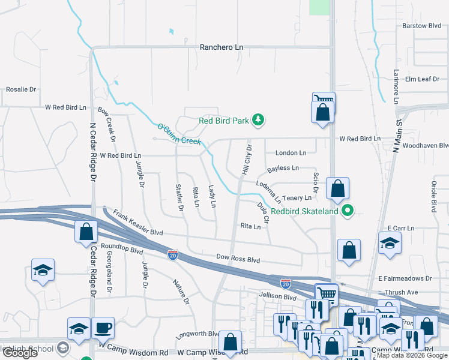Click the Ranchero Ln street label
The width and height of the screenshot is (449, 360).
(221, 47)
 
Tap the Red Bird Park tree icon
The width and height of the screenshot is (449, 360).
(258, 121)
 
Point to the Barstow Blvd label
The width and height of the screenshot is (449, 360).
(422, 26)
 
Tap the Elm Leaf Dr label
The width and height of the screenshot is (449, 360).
(423, 79)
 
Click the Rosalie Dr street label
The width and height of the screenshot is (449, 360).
(21, 89)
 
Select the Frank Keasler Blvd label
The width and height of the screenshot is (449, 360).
(138, 223)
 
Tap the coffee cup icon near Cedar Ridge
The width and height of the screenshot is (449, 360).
(103, 328)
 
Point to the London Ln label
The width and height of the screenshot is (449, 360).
(291, 153)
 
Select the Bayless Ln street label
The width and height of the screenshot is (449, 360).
(283, 169)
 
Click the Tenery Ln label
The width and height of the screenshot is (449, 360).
(297, 197)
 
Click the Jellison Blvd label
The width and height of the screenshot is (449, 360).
(278, 296)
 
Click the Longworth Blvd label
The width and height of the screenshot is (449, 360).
(197, 334)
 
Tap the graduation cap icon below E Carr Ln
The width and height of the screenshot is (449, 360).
(390, 244)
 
